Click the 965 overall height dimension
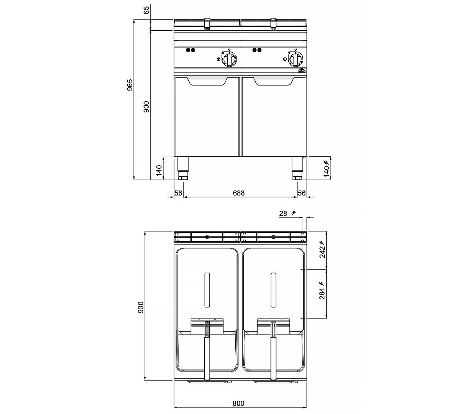[x=130, y=85]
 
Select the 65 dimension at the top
[x=146, y=10]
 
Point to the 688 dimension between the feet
[x=239, y=193]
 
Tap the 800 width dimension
[x=238, y=403]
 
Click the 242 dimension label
[x=322, y=252]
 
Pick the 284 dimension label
[x=322, y=294]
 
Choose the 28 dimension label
[x=283, y=214]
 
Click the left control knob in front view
[x=229, y=59]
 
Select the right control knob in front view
[x=296, y=59]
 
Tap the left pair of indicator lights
[x=191, y=50]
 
